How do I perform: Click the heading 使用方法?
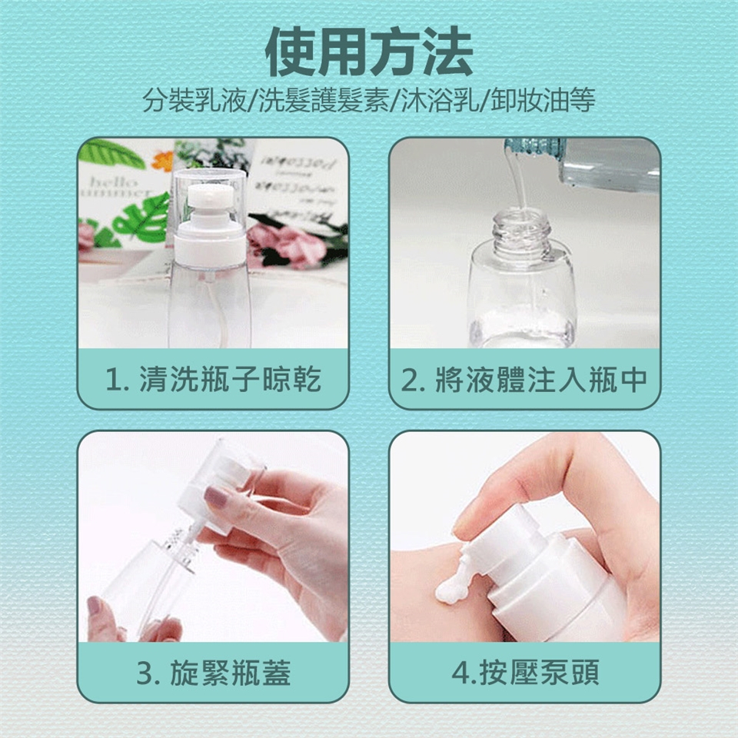tap(369, 52)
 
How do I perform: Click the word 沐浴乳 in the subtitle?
tap(440, 100)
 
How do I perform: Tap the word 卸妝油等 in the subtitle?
tap(543, 100)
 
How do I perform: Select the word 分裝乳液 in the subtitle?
tap(194, 100)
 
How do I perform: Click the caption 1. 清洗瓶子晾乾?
tap(213, 379)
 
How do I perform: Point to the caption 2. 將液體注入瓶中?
tap(524, 379)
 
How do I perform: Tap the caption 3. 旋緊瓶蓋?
tap(213, 673)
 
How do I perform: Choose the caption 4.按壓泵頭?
tap(525, 673)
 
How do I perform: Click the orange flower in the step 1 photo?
tap(163, 161)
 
